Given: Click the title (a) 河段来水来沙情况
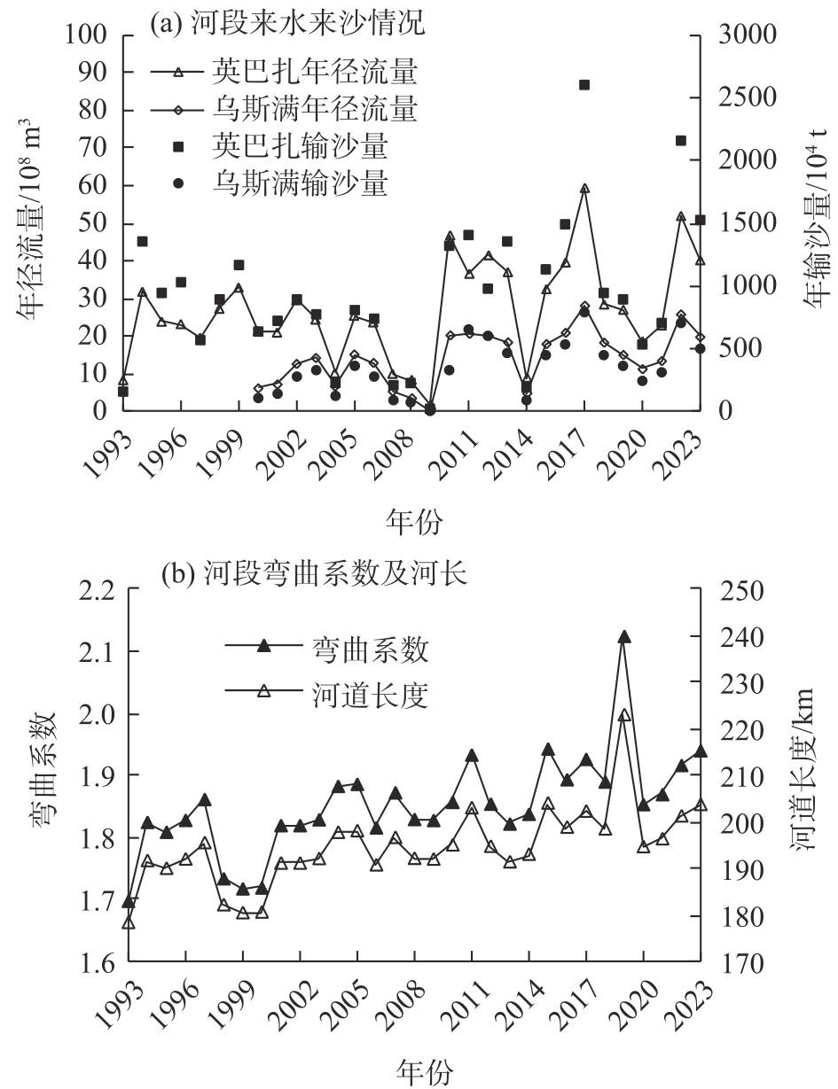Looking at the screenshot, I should pos(287,25).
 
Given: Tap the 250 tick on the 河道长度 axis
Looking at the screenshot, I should pos(732,589).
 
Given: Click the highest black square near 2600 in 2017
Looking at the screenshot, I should pos(584,85).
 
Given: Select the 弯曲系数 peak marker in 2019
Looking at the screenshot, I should pos(624,637).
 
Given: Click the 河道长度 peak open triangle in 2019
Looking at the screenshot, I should pos(624,715).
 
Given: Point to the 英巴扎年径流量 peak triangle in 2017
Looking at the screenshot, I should pos(584,189).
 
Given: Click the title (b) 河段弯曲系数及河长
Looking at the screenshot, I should pos(314,575).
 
